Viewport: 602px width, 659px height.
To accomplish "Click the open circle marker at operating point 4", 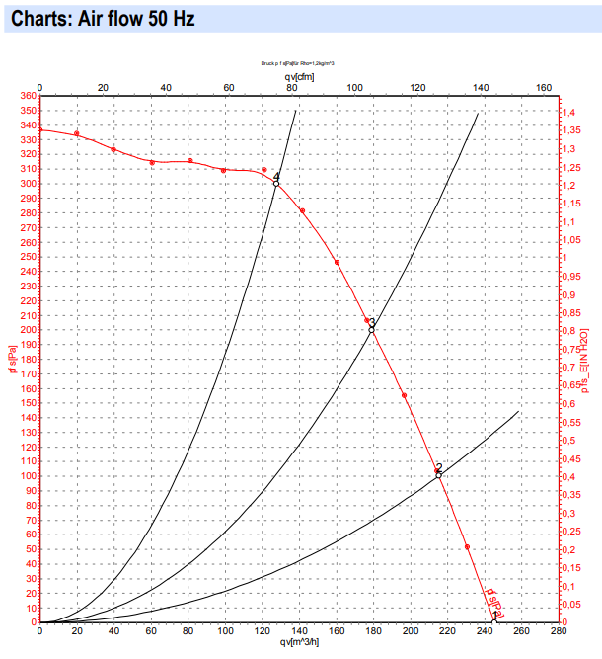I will [x=276, y=184].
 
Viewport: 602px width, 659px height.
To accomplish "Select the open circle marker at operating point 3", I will [x=372, y=329].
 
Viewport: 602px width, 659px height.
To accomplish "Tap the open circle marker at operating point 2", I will [x=438, y=476].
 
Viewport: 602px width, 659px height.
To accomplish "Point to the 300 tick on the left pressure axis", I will [x=27, y=184].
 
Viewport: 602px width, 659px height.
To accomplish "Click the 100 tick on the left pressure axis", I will [x=27, y=476].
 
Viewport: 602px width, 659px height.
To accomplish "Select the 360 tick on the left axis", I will [x=27, y=96].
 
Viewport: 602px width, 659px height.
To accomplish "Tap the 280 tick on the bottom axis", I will [x=558, y=632].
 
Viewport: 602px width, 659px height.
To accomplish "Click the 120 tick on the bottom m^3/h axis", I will [x=262, y=632].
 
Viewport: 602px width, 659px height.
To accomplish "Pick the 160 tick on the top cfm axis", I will [x=543, y=87].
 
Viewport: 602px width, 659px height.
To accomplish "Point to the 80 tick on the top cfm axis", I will [x=291, y=87].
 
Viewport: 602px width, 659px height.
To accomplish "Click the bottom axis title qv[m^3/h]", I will [x=297, y=644].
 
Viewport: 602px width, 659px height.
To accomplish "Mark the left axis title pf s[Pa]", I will [x=11, y=359].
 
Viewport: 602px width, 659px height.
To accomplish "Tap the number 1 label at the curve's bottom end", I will [x=494, y=615].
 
